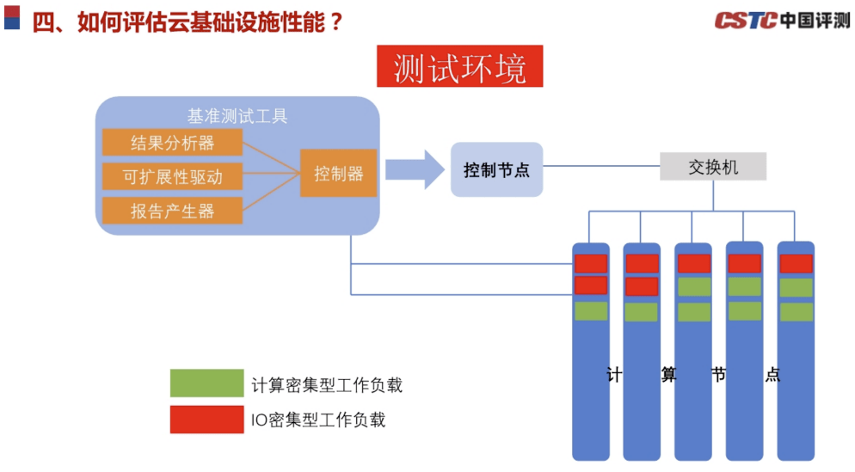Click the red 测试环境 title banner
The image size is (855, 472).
459,68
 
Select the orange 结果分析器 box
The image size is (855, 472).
172,142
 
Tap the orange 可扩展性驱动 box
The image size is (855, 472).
172,176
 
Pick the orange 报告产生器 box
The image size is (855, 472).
172,211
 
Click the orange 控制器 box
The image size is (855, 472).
338,173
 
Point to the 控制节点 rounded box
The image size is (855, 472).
496,169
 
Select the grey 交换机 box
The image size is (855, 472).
712,167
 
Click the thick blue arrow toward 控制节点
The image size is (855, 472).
416,169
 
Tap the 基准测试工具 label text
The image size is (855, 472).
237,115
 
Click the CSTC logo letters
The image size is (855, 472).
745,21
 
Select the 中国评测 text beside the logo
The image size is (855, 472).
815,21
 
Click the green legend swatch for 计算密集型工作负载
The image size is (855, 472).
206,383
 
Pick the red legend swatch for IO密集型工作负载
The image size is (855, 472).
206,419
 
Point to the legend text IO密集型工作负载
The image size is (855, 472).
318,420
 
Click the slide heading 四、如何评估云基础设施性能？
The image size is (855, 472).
188,22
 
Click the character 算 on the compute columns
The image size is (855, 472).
668,375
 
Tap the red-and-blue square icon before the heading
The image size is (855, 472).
12,17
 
